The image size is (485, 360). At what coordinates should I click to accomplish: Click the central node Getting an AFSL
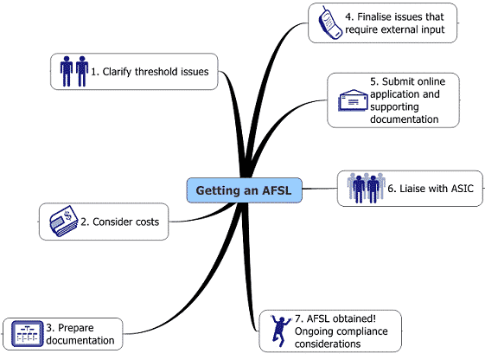(246, 190)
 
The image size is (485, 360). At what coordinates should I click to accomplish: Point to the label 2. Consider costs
(119, 222)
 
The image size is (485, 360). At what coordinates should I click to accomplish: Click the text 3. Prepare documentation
(80, 334)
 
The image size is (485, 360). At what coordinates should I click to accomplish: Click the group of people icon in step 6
(365, 187)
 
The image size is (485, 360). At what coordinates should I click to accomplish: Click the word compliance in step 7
(363, 331)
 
